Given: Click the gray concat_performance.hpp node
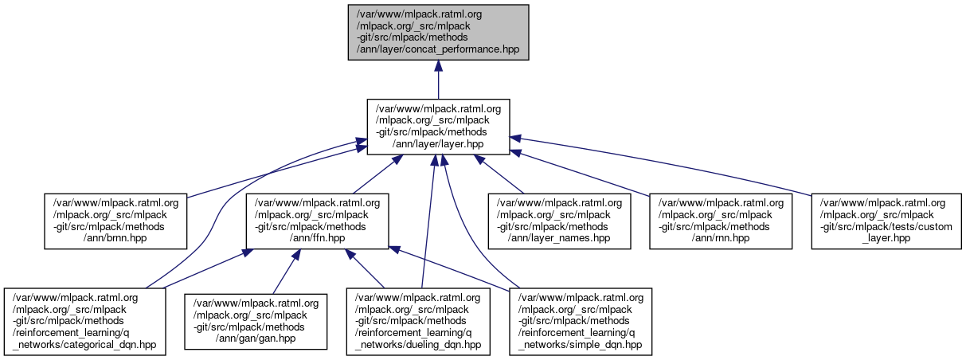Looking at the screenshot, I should (437, 32).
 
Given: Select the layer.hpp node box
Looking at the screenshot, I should (437, 127).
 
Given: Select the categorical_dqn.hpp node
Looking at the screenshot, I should (85, 321).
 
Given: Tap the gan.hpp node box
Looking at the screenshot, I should (256, 321).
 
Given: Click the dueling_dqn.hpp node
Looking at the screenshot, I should (418, 321).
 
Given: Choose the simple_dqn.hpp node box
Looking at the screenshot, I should (581, 321).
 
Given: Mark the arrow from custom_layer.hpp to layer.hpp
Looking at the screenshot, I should (661, 165).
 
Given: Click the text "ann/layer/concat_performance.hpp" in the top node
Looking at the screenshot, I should (437, 49).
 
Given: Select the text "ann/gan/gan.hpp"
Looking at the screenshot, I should (256, 338).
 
